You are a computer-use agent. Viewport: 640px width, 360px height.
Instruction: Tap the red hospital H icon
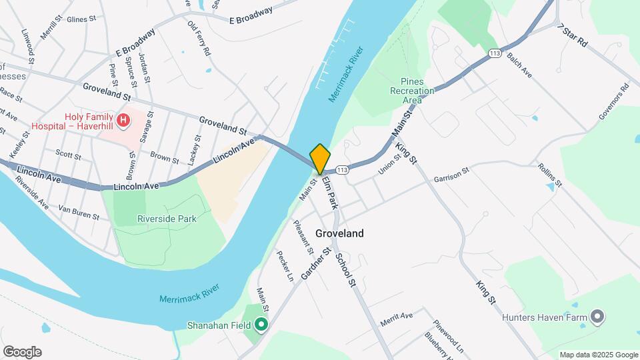(123, 120)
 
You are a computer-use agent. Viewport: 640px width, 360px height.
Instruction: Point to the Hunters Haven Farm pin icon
(597, 317)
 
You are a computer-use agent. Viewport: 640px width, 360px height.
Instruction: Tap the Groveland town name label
(340, 233)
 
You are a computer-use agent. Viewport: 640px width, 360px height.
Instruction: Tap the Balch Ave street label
(519, 65)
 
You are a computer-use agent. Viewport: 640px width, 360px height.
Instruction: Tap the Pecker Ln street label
(285, 265)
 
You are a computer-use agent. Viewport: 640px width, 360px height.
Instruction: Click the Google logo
(22, 352)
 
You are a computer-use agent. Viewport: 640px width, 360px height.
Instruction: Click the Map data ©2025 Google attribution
(598, 355)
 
